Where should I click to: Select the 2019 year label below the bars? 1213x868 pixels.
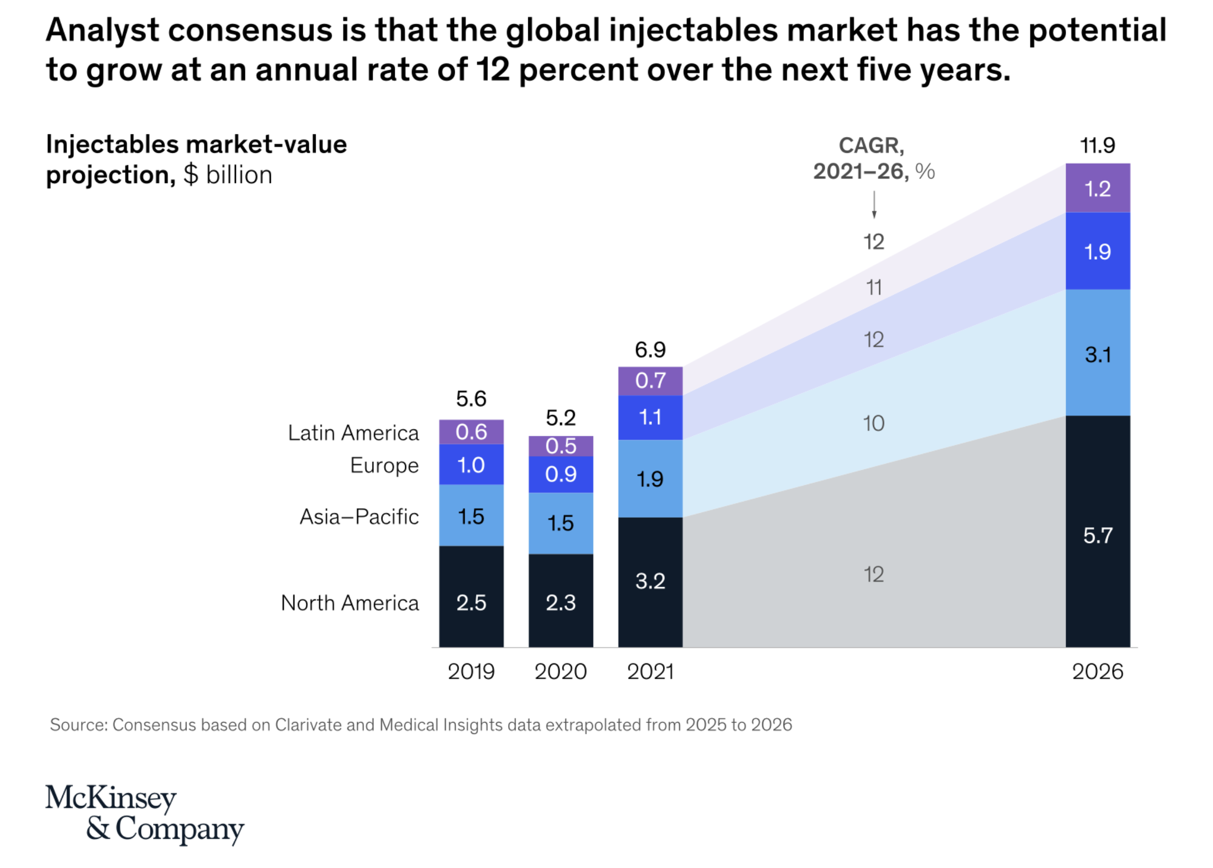[471, 671]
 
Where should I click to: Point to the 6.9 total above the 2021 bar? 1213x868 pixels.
[650, 350]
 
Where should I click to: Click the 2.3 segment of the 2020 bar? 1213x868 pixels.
[560, 602]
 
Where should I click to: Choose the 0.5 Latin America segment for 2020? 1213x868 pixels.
[560, 446]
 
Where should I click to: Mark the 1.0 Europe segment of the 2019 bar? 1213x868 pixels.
[471, 465]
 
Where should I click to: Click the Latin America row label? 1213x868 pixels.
[353, 433]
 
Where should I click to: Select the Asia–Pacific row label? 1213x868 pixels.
[359, 517]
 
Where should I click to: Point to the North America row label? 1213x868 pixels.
[350, 603]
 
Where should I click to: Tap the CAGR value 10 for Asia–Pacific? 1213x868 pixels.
[874, 424]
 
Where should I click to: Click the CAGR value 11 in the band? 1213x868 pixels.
[874, 288]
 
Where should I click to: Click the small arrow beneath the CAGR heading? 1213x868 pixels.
[874, 206]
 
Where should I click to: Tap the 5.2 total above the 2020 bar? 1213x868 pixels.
[560, 418]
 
